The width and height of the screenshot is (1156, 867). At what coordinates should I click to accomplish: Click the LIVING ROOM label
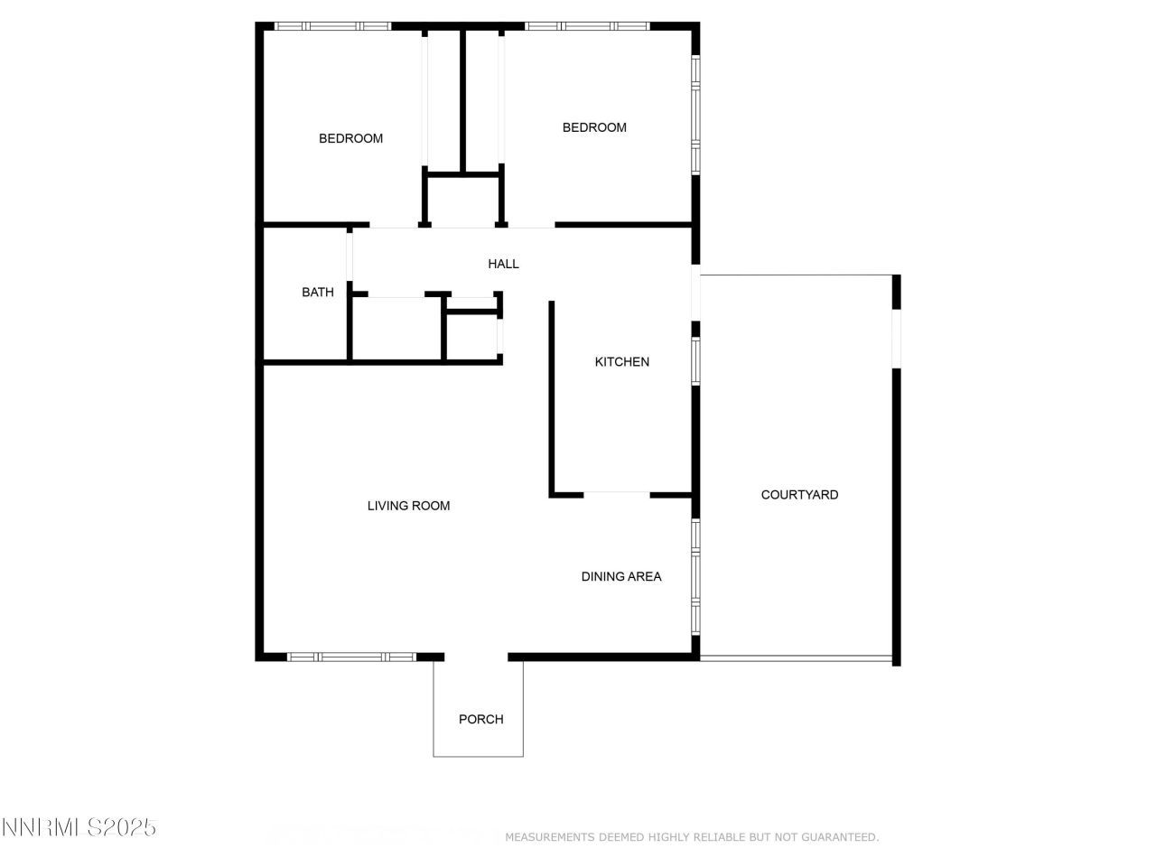click(408, 506)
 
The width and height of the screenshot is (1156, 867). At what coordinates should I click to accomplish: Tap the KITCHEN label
click(621, 362)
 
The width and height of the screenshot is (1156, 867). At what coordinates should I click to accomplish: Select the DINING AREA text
click(621, 576)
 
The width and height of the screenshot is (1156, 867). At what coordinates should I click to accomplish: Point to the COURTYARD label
click(799, 495)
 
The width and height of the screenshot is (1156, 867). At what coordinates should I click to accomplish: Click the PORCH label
click(480, 720)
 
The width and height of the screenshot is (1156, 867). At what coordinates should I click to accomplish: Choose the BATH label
click(317, 293)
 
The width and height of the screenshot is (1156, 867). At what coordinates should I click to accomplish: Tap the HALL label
click(503, 265)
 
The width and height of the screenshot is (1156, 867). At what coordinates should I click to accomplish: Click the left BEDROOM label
click(350, 139)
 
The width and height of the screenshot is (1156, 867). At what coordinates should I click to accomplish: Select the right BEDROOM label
click(594, 128)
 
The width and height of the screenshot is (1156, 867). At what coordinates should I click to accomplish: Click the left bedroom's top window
click(332, 26)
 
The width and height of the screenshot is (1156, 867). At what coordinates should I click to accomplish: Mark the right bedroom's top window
click(587, 26)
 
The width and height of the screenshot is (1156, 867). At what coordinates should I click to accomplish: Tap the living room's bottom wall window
click(351, 657)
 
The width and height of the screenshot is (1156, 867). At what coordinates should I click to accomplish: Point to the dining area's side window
click(695, 575)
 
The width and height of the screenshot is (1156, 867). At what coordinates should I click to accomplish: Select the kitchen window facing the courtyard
click(695, 360)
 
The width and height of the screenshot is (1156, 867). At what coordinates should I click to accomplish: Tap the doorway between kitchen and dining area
click(617, 494)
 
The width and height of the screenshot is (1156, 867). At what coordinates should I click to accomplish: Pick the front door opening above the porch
click(476, 657)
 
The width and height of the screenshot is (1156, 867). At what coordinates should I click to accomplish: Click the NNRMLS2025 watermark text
click(79, 827)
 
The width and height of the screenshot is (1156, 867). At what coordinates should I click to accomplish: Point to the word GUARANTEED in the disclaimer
click(841, 838)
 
